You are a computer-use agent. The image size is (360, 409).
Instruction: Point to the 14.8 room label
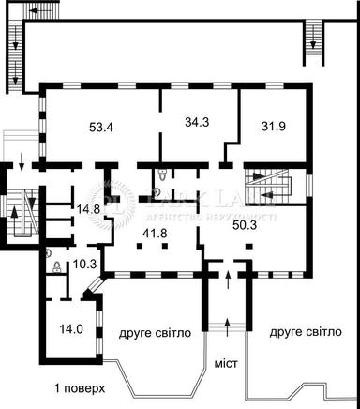89,209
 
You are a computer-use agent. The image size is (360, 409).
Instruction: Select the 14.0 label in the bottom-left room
72,328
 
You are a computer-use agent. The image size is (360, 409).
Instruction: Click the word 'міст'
227,361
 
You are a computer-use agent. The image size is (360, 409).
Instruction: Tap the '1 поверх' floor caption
80,387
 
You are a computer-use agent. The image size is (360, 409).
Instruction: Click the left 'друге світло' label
155,332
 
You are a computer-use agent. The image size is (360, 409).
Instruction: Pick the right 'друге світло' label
305,332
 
